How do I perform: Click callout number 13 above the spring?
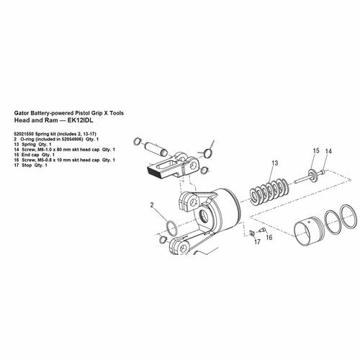click(274, 164)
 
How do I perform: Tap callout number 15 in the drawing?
click(315, 151)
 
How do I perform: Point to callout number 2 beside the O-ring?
click(153, 206)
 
